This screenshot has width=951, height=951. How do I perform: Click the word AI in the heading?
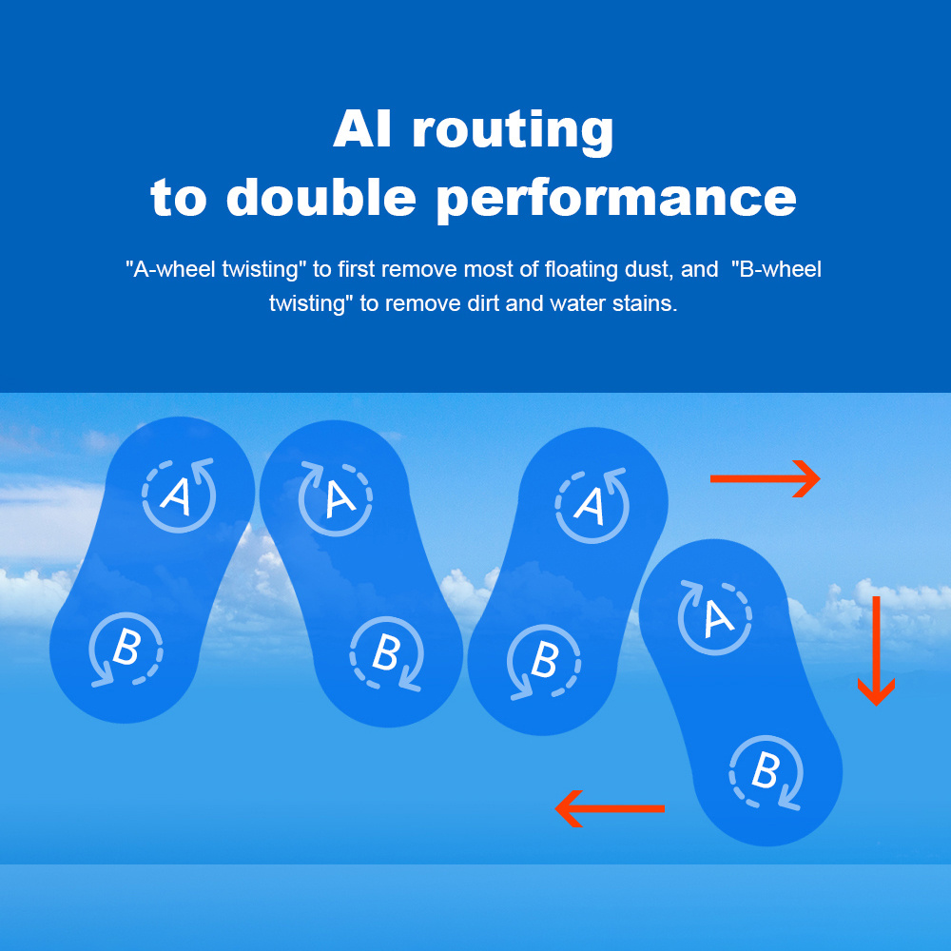[x=362, y=129]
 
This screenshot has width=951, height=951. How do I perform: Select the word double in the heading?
[x=320, y=197]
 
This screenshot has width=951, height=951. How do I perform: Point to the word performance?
[x=616, y=201]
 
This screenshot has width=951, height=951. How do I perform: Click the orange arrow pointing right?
[x=765, y=478]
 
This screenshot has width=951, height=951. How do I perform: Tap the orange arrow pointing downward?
[x=877, y=650]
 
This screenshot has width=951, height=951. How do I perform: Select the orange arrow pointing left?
[x=610, y=808]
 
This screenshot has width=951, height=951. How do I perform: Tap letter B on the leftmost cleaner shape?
[x=126, y=647]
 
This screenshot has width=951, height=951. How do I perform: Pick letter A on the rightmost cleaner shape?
[x=718, y=619]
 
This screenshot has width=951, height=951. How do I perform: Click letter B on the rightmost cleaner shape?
[x=765, y=770]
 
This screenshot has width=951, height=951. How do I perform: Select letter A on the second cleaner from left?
[x=340, y=498]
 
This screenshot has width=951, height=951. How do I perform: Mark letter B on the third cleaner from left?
[x=544, y=659]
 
